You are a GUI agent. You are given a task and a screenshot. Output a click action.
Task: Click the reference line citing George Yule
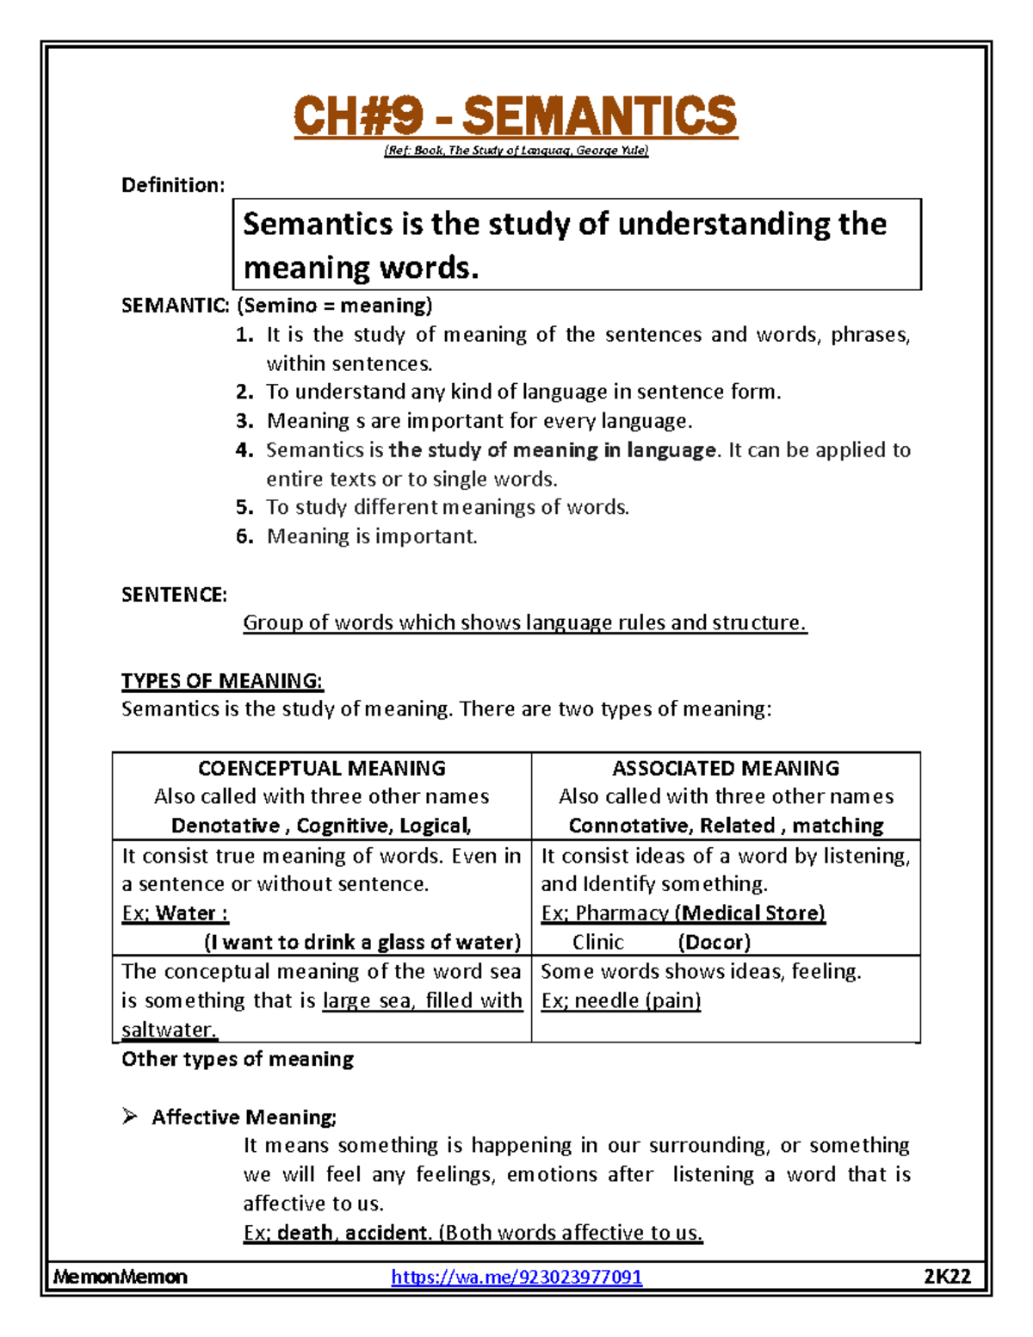[516, 151]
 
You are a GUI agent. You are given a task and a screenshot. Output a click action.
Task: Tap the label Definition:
[173, 185]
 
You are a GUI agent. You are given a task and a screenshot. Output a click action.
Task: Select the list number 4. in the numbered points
[244, 450]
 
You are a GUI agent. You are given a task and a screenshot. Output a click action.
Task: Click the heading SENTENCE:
[174, 595]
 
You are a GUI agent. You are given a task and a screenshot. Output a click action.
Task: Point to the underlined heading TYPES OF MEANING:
[222, 681]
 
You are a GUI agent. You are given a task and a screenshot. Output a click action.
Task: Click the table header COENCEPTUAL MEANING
[322, 768]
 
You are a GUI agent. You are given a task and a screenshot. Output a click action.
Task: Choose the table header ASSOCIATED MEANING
[726, 768]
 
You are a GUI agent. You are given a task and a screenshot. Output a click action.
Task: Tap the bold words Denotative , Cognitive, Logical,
[321, 826]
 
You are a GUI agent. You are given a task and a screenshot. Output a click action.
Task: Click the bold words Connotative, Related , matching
[726, 826]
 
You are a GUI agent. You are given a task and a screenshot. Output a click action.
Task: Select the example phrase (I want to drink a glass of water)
[362, 942]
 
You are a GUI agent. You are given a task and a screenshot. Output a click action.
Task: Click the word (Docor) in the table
[714, 942]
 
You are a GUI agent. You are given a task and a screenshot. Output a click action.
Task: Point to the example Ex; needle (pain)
[621, 1000]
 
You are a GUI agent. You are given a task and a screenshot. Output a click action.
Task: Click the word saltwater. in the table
[169, 1030]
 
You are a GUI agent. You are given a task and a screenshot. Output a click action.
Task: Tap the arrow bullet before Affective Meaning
[130, 1117]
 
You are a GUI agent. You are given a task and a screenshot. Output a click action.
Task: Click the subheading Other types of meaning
[238, 1059]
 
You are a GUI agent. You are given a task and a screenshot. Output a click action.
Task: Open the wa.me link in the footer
[516, 1277]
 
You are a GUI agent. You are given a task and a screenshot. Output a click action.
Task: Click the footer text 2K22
[947, 1277]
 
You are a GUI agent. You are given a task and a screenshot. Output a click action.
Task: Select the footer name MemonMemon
[120, 1277]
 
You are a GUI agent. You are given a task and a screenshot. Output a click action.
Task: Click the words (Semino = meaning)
[334, 306]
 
